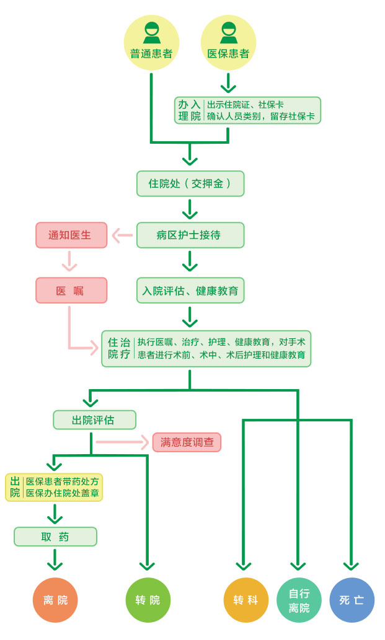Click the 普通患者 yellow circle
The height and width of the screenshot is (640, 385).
tap(151, 42)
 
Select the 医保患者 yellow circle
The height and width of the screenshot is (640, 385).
tap(228, 42)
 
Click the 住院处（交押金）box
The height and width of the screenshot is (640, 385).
tap(190, 183)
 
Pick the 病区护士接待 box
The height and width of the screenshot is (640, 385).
tap(190, 235)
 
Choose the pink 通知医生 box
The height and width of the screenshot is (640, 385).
tap(71, 235)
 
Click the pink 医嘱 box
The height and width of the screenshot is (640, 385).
tap(71, 290)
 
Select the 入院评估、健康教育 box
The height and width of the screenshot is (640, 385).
tap(190, 290)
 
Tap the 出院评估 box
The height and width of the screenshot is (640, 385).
tap(94, 420)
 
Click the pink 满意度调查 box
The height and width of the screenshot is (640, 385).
tap(187, 442)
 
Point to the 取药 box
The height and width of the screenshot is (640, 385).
tap(56, 537)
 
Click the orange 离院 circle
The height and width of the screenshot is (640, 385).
tap(56, 600)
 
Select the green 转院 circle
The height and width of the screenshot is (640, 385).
tap(148, 600)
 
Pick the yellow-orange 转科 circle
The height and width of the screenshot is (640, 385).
tap(246, 600)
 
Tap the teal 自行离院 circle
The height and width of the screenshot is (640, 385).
tap(299, 600)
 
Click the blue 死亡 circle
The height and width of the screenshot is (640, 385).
tap(352, 600)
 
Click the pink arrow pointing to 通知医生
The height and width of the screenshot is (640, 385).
tap(122, 235)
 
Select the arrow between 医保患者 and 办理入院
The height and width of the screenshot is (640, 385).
tap(228, 83)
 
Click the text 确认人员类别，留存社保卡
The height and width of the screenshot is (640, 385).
tap(260, 116)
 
